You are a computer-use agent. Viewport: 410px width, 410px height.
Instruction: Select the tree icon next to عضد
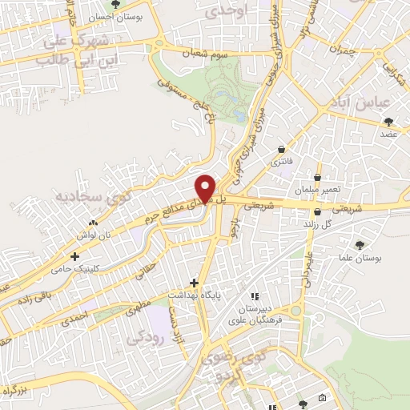click(x=389, y=122)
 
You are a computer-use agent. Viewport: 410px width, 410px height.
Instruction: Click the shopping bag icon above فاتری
click(x=281, y=149)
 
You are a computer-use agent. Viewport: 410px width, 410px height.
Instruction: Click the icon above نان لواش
click(x=94, y=223)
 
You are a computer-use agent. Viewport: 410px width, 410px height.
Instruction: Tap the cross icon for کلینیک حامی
click(x=74, y=257)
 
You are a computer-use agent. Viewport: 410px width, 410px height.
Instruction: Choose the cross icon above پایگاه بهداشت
click(x=194, y=283)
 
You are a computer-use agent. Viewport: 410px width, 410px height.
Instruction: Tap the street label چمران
click(x=339, y=49)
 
